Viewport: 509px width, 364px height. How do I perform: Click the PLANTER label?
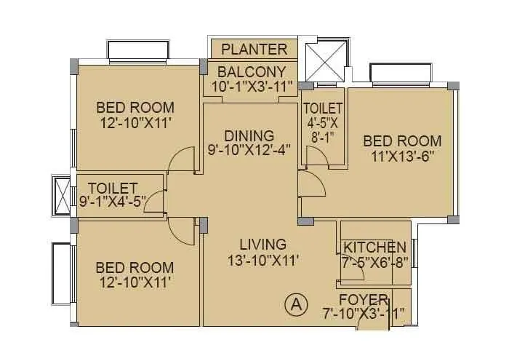[254, 50]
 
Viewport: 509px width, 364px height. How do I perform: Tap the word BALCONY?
[251, 71]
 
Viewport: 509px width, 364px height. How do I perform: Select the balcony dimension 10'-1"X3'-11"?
[251, 86]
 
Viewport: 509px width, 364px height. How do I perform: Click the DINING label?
[249, 135]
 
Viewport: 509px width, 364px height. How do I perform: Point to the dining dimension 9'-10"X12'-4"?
[249, 150]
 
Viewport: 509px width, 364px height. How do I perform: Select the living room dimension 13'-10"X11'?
[263, 258]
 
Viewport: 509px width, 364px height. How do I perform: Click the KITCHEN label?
[375, 247]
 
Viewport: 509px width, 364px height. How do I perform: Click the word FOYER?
[363, 300]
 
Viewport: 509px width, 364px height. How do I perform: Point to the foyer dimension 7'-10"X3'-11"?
[363, 314]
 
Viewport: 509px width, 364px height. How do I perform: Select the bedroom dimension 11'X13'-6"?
[402, 156]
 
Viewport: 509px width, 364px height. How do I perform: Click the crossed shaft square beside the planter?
[324, 61]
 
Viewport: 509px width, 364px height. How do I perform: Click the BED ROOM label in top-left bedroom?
[136, 108]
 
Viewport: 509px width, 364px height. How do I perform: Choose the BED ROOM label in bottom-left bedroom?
[136, 267]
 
